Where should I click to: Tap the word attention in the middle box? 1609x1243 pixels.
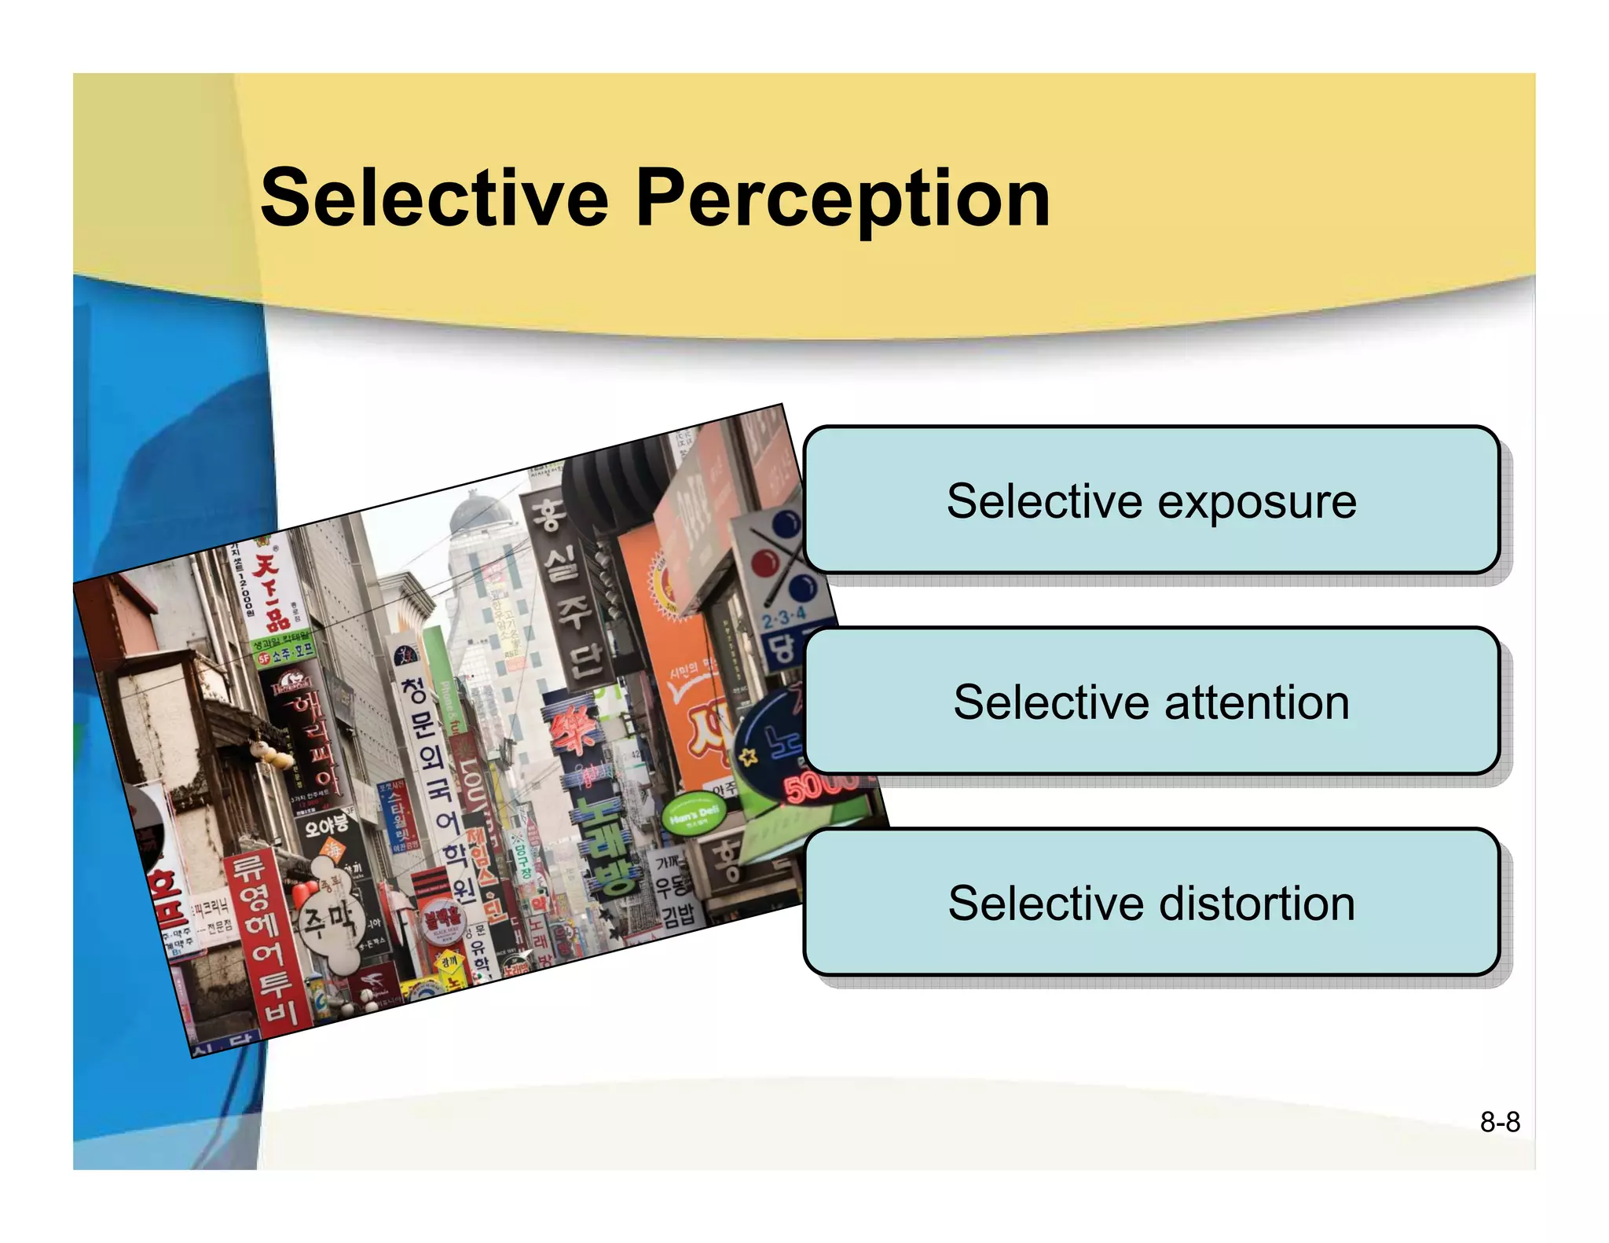click(x=1257, y=702)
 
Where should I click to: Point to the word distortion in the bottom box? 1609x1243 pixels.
click(x=1257, y=904)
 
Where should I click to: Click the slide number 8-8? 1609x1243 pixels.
click(x=1499, y=1122)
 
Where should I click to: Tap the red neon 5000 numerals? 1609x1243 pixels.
click(x=817, y=786)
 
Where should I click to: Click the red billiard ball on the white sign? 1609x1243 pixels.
click(x=764, y=563)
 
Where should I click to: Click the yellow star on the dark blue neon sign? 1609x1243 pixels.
click(x=748, y=757)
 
